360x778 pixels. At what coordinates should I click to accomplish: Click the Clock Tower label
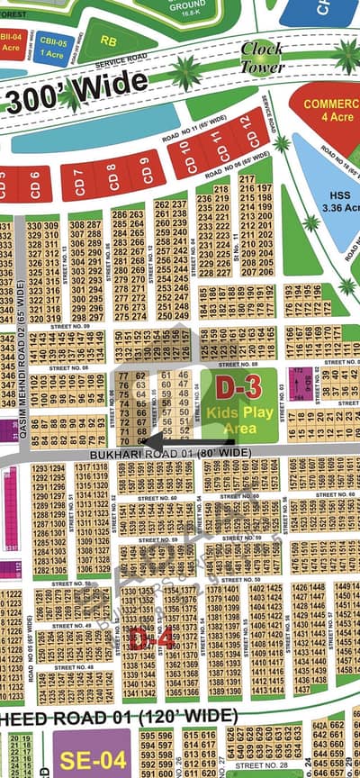tap(263, 58)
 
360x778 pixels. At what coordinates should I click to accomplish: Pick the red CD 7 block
tap(78, 183)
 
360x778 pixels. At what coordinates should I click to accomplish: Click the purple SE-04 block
tap(89, 756)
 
